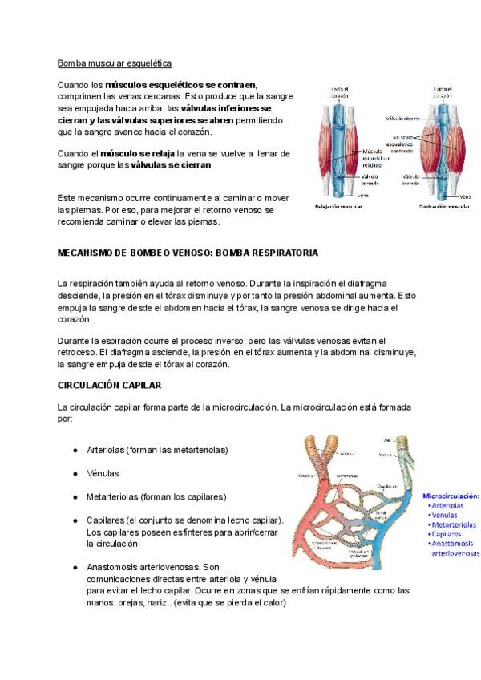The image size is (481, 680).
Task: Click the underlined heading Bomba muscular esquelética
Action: [115, 63]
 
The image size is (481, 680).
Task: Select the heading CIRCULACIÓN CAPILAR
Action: [110, 385]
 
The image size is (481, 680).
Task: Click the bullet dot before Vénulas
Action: [75, 473]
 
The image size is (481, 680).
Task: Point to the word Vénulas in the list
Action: [103, 473]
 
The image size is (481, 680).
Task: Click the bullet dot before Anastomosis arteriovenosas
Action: [75, 566]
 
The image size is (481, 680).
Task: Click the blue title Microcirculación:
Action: [451, 496]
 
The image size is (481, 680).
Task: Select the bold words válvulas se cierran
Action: [171, 164]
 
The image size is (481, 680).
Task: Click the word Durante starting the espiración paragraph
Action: [76, 341]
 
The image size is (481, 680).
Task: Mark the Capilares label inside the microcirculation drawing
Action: [387, 486]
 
